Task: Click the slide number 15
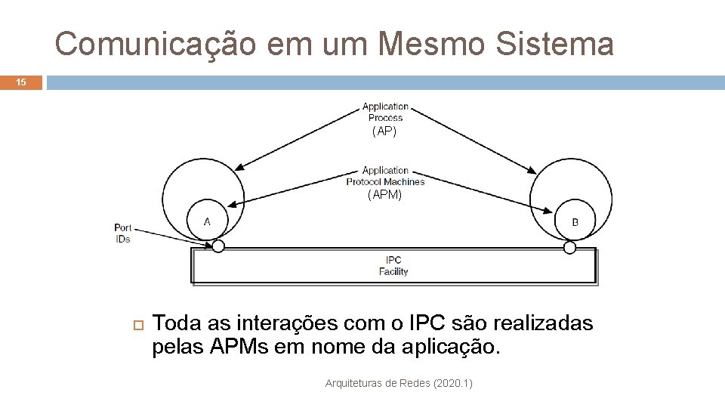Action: click(20, 82)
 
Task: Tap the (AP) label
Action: click(384, 131)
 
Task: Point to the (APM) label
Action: click(385, 195)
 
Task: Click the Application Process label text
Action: click(385, 112)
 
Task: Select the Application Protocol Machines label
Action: click(385, 176)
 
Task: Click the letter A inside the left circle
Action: click(207, 221)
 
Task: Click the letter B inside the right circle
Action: click(575, 222)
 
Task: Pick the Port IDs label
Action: click(122, 233)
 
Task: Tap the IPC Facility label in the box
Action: click(393, 266)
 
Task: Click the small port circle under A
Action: click(218, 246)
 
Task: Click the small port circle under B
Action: click(570, 247)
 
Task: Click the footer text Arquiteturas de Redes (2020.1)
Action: click(399, 384)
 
